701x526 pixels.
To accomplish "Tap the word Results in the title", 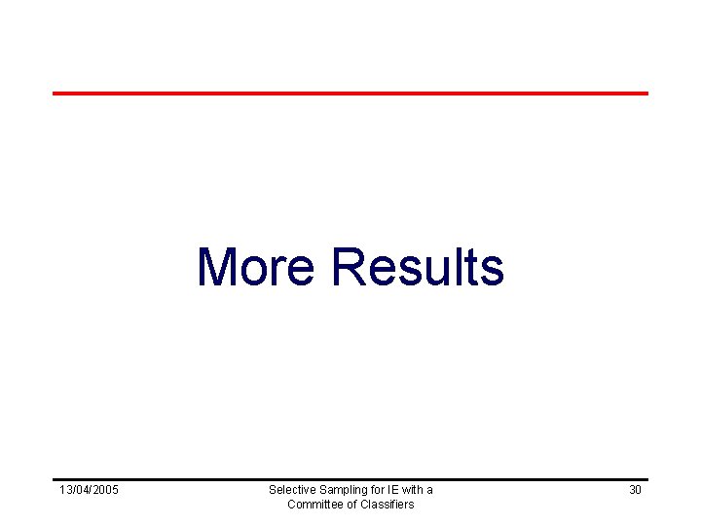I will pos(418,267).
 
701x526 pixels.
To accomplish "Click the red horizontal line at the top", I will pos(350,94).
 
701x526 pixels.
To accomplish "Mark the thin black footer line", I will pos(350,479).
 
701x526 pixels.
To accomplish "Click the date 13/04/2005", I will pos(89,490).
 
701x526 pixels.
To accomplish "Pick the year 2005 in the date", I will pos(105,490).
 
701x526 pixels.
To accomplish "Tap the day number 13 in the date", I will pos(65,490).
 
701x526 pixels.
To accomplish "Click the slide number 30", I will pos(635,490).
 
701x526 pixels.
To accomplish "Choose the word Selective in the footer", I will pos(290,490).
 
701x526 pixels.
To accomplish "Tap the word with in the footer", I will pos(410,490).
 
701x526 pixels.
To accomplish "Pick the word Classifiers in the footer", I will pos(387,505).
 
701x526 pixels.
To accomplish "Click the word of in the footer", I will pos(352,505).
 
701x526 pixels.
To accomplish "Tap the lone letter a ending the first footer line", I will pos(429,490).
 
